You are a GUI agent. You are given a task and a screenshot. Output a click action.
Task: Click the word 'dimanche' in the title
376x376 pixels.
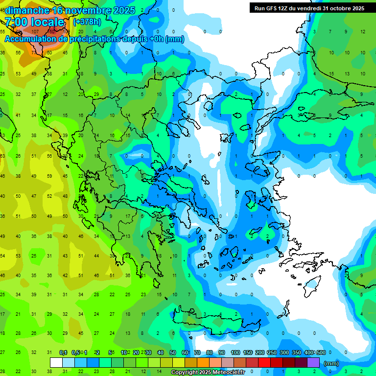(x=27, y=10)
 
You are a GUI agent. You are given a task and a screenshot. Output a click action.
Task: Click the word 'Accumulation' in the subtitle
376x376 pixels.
(x=31, y=39)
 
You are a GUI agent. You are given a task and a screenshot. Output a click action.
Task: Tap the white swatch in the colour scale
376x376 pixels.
(x=56, y=363)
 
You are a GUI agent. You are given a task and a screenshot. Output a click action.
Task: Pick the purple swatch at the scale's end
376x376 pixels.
(x=313, y=363)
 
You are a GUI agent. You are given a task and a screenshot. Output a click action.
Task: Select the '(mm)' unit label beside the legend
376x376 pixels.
(x=331, y=363)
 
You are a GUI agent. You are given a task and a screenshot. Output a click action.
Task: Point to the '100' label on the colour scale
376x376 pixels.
(x=235, y=352)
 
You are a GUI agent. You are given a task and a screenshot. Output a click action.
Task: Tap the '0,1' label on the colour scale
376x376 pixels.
(x=63, y=352)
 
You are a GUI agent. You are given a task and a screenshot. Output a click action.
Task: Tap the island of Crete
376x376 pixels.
(x=206, y=321)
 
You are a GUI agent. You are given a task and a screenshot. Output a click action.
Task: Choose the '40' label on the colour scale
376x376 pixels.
(x=161, y=352)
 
